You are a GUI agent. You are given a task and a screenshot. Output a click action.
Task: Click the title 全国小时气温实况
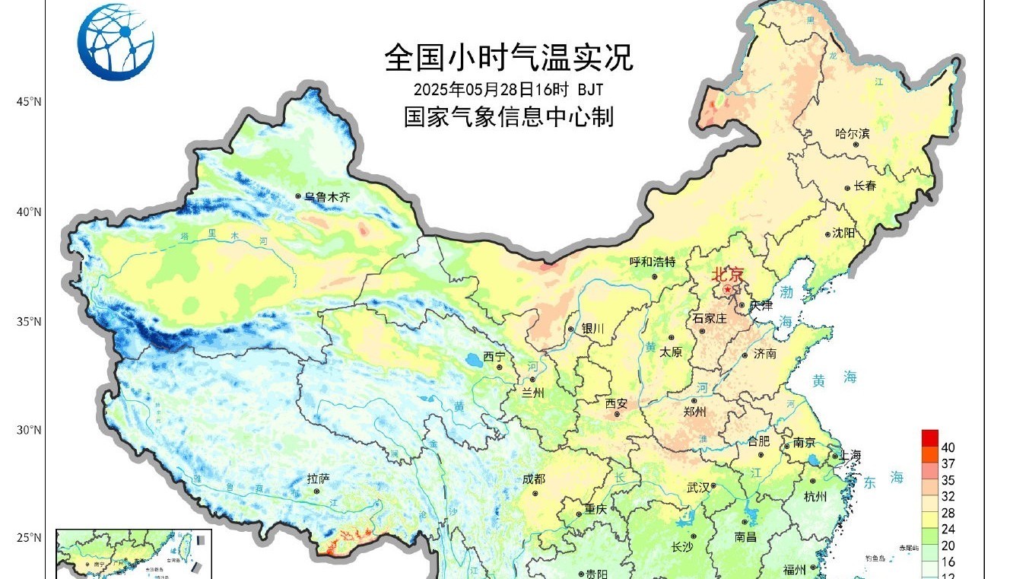508,58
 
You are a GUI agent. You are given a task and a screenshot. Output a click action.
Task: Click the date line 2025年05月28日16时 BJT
508,89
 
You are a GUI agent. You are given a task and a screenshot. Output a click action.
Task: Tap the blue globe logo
116,42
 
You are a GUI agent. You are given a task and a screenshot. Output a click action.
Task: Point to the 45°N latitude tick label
30,102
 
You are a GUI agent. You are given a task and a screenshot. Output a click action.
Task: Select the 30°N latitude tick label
30,430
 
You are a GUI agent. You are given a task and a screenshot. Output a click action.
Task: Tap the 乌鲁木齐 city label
328,196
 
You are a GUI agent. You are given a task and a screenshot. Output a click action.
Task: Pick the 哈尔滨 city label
852,133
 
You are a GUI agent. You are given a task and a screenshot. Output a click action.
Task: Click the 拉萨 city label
318,479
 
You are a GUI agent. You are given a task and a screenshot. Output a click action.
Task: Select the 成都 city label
534,479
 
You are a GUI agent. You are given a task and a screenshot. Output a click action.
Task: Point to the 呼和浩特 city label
653,262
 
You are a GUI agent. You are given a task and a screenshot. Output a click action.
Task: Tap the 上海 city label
850,455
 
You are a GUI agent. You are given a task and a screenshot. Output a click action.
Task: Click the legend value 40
948,447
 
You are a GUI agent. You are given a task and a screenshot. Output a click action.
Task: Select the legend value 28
948,513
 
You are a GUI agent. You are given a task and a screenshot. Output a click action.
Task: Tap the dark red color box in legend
929,438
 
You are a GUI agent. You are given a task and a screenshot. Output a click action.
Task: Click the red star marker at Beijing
728,290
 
